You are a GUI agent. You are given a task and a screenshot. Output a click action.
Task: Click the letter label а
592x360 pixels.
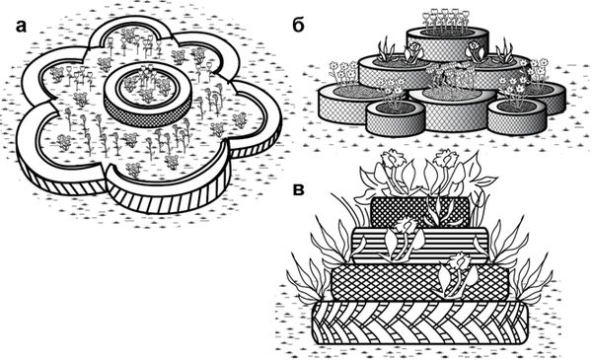point(21,27)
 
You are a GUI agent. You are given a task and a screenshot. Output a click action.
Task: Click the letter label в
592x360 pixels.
point(299,191)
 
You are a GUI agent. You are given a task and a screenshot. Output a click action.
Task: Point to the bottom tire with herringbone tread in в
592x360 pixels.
point(420,323)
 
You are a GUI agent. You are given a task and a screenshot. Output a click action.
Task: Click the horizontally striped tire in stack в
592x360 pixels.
point(420,246)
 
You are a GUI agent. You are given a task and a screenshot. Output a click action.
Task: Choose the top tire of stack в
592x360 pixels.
point(420,212)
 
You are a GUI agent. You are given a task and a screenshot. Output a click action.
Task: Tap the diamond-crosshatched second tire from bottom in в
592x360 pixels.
point(420,282)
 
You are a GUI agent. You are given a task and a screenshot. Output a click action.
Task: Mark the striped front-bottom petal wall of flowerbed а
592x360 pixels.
point(170,196)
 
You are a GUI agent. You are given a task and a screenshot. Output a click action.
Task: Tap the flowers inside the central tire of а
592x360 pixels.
point(147,84)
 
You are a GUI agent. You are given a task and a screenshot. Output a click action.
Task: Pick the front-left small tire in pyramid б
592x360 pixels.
point(396,117)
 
